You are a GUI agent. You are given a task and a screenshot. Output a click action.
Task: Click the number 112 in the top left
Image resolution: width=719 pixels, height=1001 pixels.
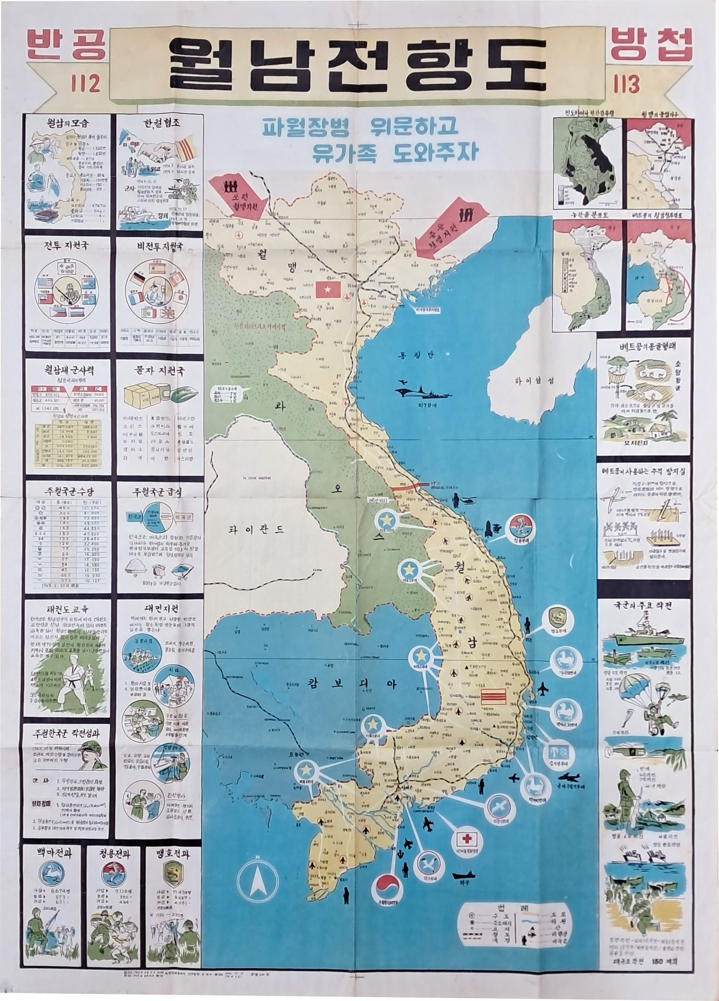click(85, 83)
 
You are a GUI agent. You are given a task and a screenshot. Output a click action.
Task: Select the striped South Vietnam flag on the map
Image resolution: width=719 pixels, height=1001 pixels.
click(492, 696)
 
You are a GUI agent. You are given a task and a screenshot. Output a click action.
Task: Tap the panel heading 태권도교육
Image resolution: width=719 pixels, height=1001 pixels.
click(66, 609)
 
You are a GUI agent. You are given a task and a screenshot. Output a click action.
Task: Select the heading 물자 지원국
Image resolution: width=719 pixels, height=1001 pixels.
click(159, 371)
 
